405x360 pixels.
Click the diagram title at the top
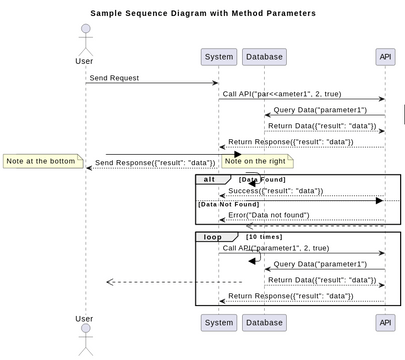point(202,13)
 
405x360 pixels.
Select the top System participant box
point(218,57)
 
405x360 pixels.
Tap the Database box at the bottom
point(264,322)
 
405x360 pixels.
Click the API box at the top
point(385,57)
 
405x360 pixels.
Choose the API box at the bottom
point(385,322)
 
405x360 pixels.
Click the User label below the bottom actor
point(85,319)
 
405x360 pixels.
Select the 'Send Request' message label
point(114,78)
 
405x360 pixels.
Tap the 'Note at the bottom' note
point(40,161)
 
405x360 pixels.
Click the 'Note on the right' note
point(255,161)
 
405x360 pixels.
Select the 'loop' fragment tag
point(213,237)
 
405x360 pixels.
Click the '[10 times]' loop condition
point(265,237)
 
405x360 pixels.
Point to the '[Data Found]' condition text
point(262,180)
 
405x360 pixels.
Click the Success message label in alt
point(276,191)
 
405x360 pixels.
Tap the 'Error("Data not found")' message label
point(276,215)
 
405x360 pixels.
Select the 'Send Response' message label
point(155,163)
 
